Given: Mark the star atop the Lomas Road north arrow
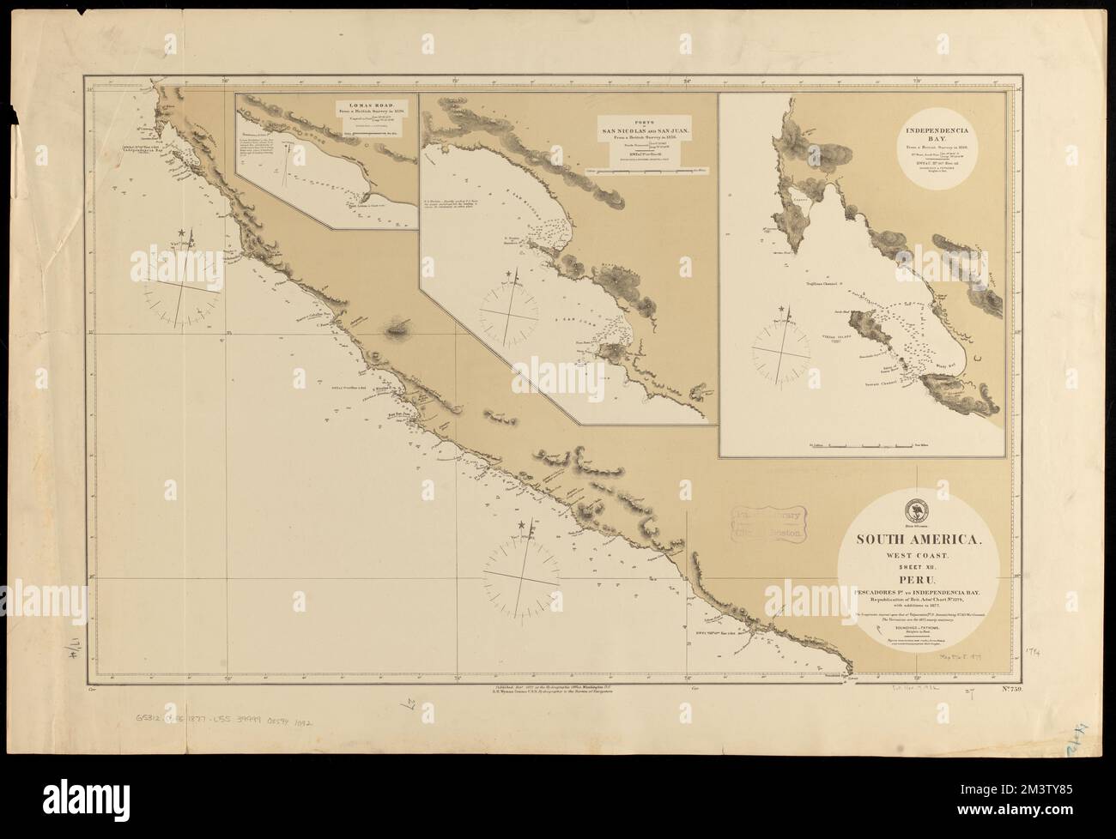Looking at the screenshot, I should [182, 232].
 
